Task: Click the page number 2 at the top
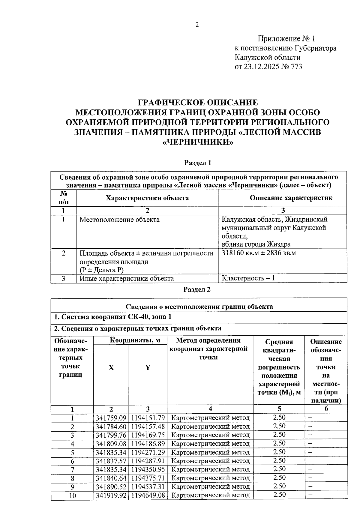tap(197, 25)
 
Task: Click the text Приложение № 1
tap(286, 39)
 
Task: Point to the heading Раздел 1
tap(197, 163)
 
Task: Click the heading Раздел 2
tap(197, 289)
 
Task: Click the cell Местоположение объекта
tap(119, 220)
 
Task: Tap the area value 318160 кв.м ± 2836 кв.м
tap(259, 253)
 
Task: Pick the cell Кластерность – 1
tap(248, 278)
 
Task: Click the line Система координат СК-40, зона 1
tap(112, 317)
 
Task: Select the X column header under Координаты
tap(111, 368)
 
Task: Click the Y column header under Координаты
tap(148, 368)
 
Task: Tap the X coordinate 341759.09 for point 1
tap(111, 418)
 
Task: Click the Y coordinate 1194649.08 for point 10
tap(148, 495)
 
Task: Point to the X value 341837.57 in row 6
tap(111, 461)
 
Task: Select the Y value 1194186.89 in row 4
tap(148, 444)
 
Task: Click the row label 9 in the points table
tap(72, 487)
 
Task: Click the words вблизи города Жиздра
tap(256, 244)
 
